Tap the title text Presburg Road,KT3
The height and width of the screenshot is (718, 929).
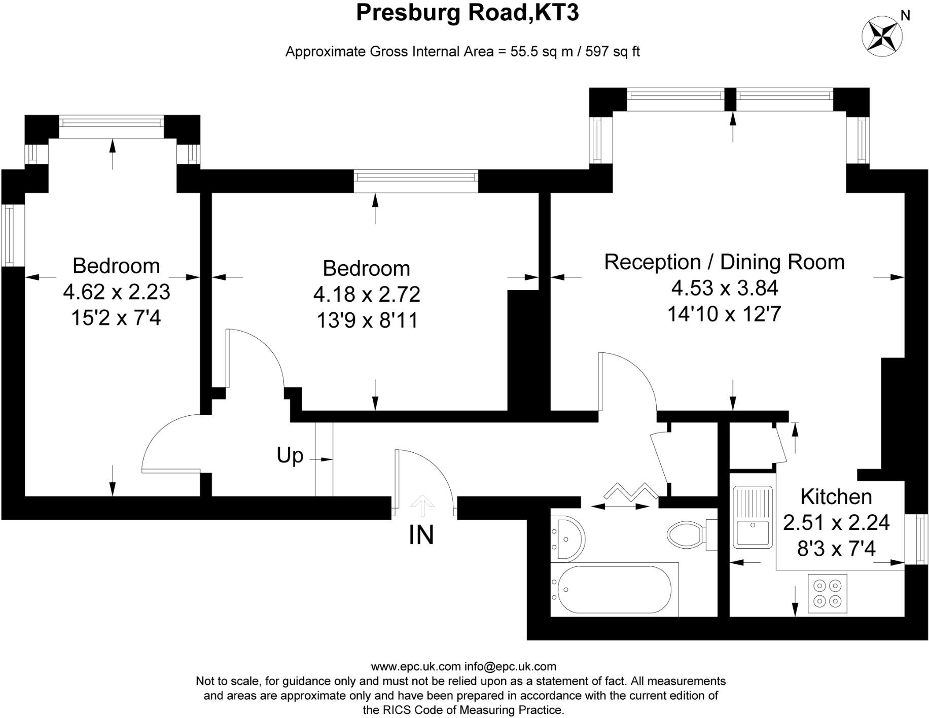tap(468, 13)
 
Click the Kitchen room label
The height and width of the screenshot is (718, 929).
tap(836, 496)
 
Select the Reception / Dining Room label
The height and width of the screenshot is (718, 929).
tap(724, 262)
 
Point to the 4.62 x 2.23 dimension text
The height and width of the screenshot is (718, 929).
tap(116, 292)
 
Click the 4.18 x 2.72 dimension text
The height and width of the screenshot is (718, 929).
tap(367, 294)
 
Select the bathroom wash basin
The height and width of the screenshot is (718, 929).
tap(568, 538)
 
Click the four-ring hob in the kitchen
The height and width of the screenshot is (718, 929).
tap(827, 593)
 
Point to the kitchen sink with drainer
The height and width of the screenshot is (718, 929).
tap(753, 517)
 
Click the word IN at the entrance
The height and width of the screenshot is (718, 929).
tap(421, 535)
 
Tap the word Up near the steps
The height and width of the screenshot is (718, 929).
tap(290, 455)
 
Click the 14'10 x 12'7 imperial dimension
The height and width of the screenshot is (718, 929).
tap(724, 314)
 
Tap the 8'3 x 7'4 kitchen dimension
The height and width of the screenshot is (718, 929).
tap(837, 549)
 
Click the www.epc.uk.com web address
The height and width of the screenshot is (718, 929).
tap(416, 666)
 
